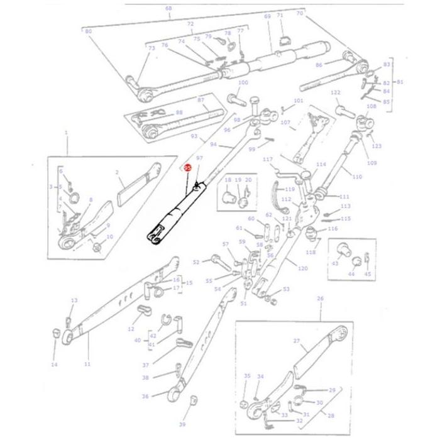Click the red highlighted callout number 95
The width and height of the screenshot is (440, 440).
(x=187, y=168)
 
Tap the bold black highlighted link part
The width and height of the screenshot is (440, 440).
(x=172, y=214)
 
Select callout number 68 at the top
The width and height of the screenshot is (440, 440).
(x=168, y=8)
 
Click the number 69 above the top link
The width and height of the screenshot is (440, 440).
(x=267, y=16)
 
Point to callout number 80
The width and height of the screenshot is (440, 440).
(x=88, y=31)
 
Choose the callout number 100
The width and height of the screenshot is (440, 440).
(x=243, y=82)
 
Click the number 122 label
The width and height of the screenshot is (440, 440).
(x=335, y=92)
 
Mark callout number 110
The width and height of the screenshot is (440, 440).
(x=357, y=177)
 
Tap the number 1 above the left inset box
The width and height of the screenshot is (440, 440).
(x=66, y=133)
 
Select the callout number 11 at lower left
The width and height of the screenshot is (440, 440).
(x=87, y=364)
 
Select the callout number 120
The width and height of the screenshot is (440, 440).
(x=302, y=268)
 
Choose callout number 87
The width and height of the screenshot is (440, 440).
(x=201, y=100)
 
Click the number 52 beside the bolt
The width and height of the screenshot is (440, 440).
(x=195, y=262)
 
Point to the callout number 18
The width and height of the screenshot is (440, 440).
(x=228, y=180)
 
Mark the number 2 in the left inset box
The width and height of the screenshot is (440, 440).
(x=117, y=171)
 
